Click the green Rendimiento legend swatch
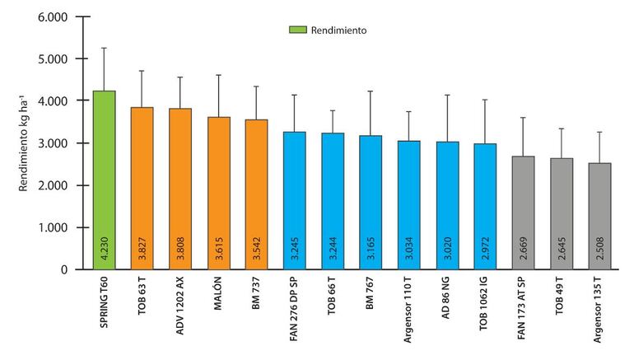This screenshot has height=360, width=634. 296,30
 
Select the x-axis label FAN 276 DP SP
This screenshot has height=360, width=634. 295,314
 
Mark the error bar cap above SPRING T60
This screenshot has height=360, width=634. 104,48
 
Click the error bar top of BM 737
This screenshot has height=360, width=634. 256,86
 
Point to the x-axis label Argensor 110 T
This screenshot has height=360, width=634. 409,312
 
